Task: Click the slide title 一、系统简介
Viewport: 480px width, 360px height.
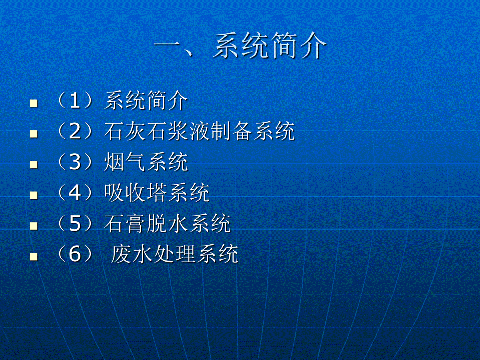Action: [240, 46]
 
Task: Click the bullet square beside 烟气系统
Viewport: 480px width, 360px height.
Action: [34, 164]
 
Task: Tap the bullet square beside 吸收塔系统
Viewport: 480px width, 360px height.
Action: [34, 195]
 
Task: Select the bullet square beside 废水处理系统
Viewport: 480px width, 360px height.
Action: [34, 256]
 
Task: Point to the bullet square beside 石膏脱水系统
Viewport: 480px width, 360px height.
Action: [34, 226]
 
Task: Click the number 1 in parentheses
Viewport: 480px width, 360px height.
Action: [75, 101]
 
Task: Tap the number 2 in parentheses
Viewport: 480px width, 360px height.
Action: [75, 131]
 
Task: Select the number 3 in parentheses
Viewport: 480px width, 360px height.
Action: [75, 162]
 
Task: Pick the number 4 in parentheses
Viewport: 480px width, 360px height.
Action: [75, 192]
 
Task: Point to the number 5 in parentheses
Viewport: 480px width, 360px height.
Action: [75, 223]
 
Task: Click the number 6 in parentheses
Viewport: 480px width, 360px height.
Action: [75, 254]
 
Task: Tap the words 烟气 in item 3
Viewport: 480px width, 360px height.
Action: [124, 162]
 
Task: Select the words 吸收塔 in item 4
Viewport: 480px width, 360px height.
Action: [135, 192]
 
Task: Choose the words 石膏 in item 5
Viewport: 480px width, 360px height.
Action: [124, 223]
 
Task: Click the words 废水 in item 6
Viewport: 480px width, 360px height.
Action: [132, 254]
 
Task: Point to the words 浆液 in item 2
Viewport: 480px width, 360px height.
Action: [188, 131]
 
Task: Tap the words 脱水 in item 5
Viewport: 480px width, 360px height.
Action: [167, 223]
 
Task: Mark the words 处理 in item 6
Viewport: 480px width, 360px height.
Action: [174, 254]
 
